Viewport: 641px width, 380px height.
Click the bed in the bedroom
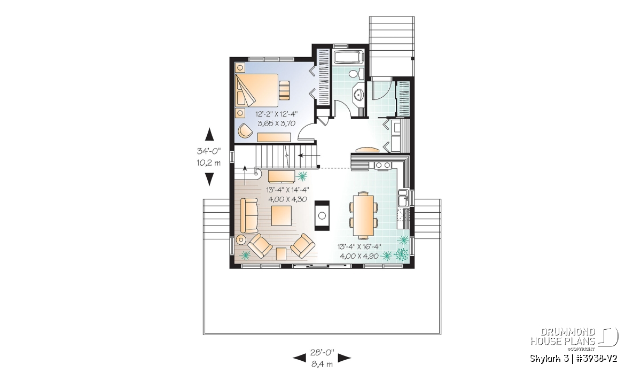pos(257,90)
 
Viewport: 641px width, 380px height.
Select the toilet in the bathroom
pos(356,74)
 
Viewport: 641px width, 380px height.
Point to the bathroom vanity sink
pos(358,94)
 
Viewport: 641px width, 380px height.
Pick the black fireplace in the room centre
pos(322,215)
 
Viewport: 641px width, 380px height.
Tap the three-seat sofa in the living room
pos(249,215)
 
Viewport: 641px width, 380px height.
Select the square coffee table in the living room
pos(282,215)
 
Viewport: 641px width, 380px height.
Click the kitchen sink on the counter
pos(403,198)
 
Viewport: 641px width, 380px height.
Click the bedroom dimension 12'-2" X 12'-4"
pos(277,114)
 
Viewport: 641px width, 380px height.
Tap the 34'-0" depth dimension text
pos(209,151)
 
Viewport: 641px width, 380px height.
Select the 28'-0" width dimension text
pos(322,352)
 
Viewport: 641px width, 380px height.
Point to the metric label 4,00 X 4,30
pos(287,199)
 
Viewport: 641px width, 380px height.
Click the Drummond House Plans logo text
pos(563,337)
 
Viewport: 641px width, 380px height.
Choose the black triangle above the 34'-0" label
pos(209,134)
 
